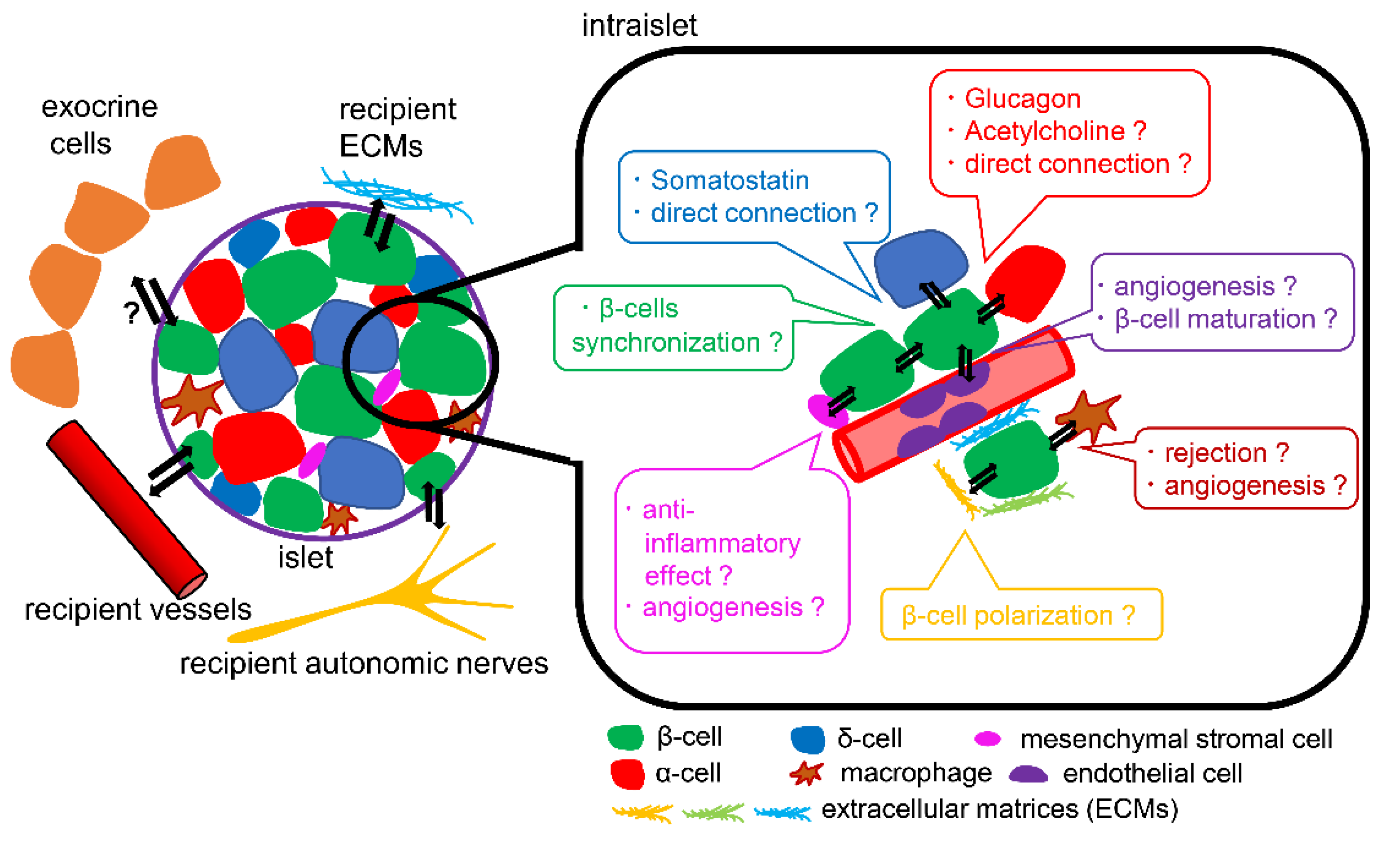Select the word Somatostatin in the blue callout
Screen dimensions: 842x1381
pyautogui.click(x=730, y=180)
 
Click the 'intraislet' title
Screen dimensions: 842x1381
pyautogui.click(x=639, y=26)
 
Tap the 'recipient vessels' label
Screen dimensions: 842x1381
pyautogui.click(x=138, y=610)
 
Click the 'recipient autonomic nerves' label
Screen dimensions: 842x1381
pyautogui.click(x=364, y=664)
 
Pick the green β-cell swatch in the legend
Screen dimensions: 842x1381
pyautogui.click(x=625, y=737)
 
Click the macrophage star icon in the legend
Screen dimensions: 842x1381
pyautogui.click(x=807, y=774)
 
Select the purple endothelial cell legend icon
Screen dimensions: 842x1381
pyautogui.click(x=1028, y=775)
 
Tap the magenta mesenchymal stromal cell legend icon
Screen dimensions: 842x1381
pyautogui.click(x=988, y=739)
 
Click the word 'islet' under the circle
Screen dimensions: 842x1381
pyautogui.click(x=305, y=557)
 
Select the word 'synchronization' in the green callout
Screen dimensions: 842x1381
pyautogui.click(x=665, y=343)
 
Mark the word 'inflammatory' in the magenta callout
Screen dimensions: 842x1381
pyautogui.click(x=722, y=544)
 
